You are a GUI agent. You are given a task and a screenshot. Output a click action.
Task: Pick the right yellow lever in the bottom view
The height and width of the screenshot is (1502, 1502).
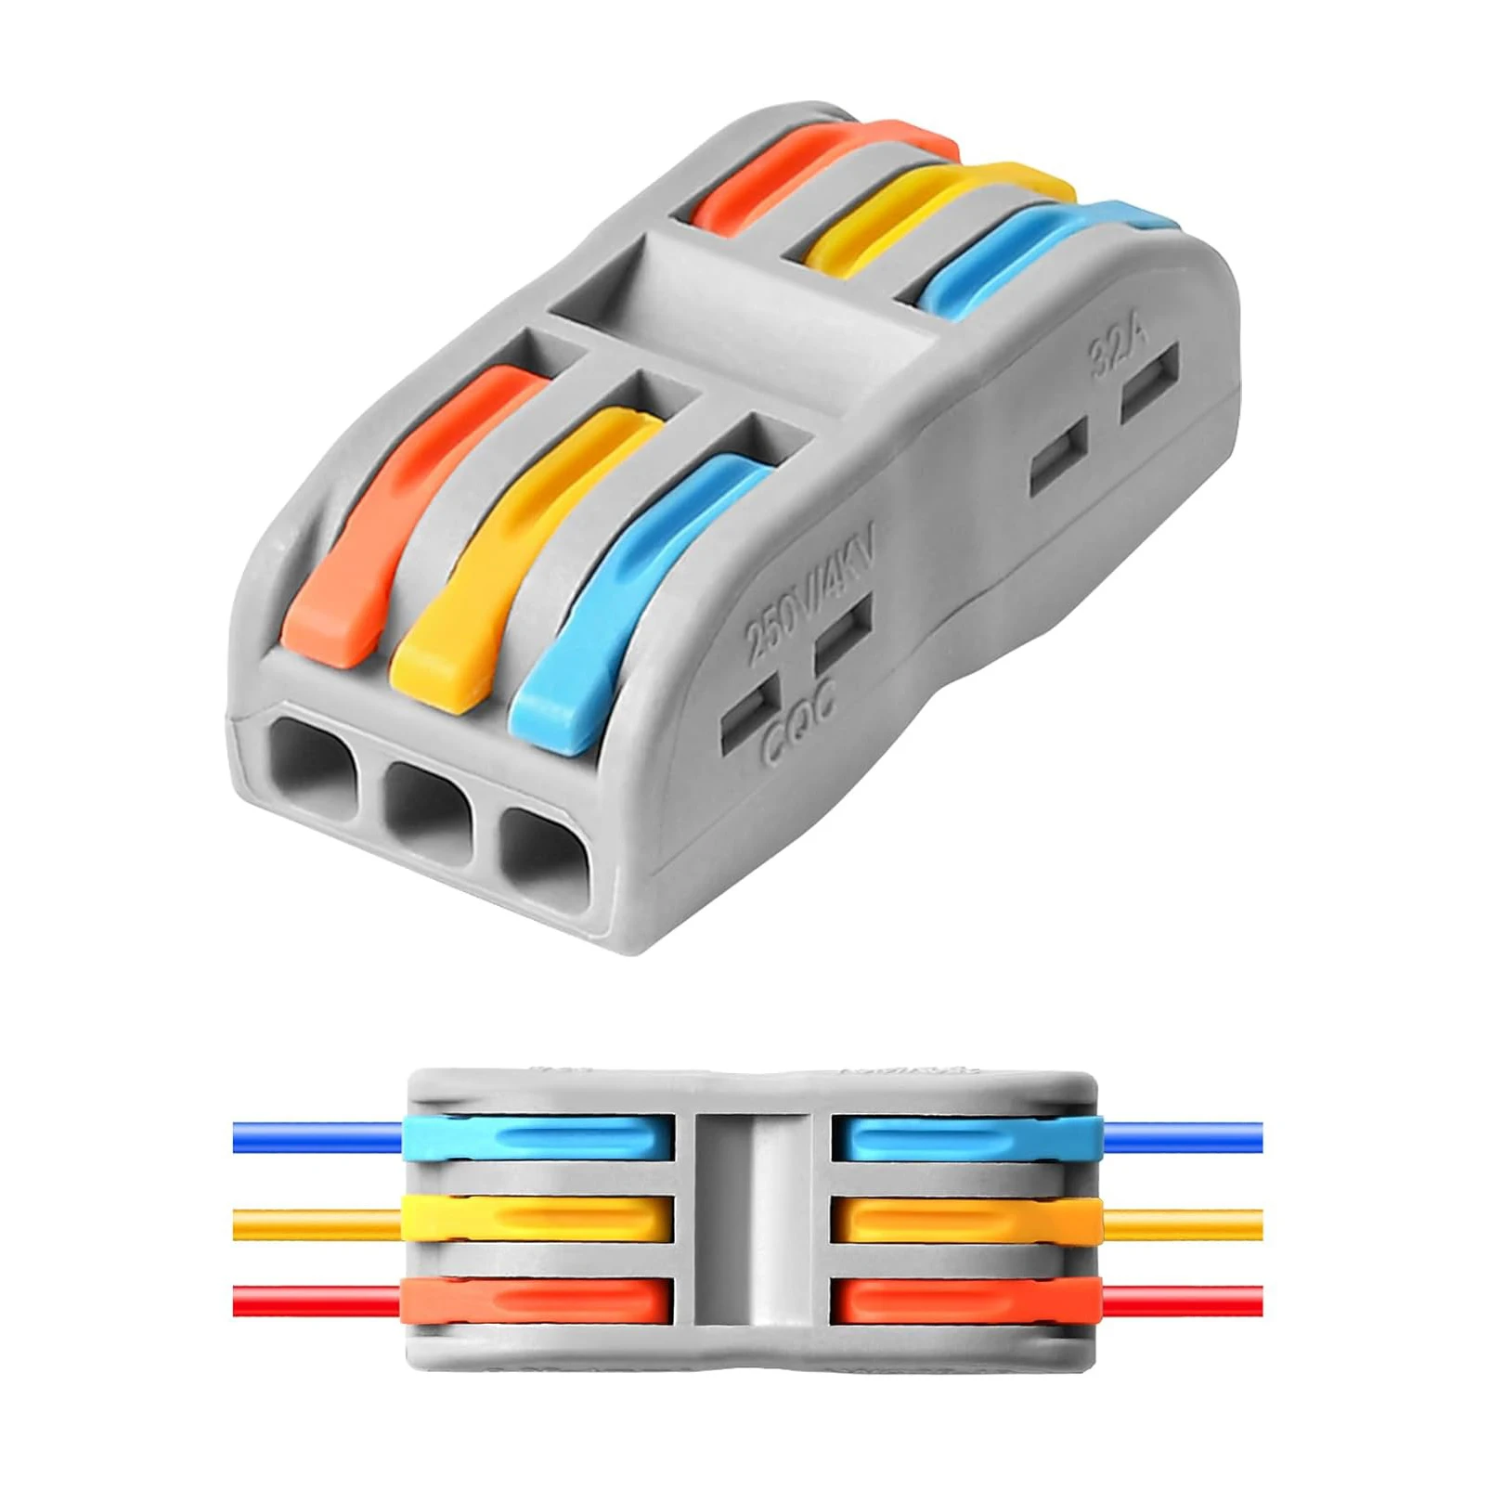[x=965, y=1219]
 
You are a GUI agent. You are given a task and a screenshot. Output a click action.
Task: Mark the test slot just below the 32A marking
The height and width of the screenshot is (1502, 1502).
[x=1149, y=382]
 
